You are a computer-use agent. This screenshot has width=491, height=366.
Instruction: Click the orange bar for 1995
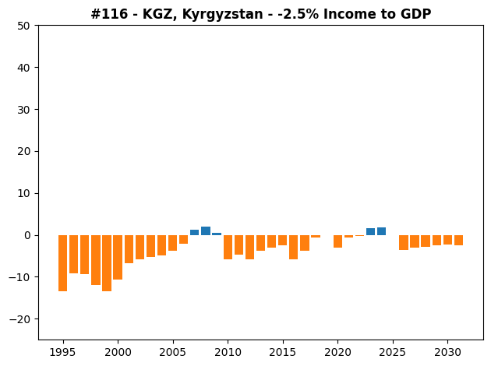click(62, 263)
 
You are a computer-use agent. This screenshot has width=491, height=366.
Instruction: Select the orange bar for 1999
click(107, 263)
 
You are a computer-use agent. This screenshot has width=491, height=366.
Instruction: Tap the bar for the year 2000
click(118, 257)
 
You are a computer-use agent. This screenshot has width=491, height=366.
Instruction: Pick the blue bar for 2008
click(206, 231)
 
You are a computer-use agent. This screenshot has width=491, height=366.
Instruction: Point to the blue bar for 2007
click(195, 232)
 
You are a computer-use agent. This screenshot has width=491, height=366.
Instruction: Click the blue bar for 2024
click(381, 231)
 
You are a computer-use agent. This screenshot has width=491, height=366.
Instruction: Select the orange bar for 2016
click(293, 247)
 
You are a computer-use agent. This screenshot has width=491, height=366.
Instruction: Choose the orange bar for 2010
click(228, 247)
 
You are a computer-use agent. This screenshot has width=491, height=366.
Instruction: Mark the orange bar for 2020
click(337, 241)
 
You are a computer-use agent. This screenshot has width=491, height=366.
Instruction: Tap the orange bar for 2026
click(404, 242)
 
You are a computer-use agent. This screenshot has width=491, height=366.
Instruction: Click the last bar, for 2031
click(458, 241)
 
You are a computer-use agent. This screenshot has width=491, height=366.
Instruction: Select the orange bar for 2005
click(172, 243)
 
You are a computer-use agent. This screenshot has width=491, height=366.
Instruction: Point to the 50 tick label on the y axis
click(24, 26)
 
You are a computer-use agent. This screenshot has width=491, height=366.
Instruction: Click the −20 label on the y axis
click(19, 319)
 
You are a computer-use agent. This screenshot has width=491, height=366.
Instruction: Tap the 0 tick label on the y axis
click(27, 235)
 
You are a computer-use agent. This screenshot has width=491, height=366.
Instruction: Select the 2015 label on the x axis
click(283, 353)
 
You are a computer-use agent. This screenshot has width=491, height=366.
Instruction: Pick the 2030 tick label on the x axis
click(447, 353)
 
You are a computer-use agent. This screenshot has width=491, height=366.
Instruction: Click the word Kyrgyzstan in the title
click(222, 14)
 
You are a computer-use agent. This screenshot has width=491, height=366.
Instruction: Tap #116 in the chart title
click(109, 14)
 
